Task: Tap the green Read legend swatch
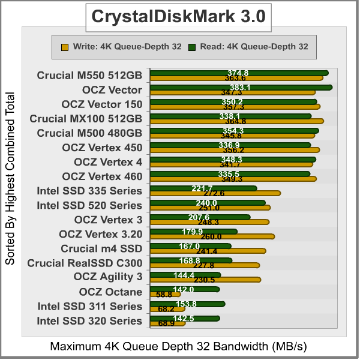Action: point(192,46)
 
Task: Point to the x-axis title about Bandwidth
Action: point(179,347)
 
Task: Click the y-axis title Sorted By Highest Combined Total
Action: point(10,179)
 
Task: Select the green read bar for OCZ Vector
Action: point(240,87)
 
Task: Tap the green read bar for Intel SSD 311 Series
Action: point(187,304)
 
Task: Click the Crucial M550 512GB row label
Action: point(89,76)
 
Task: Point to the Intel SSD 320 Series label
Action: point(90,320)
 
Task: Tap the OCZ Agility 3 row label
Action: point(108,277)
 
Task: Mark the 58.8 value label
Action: point(164,295)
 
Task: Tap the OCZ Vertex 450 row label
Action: point(102,148)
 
